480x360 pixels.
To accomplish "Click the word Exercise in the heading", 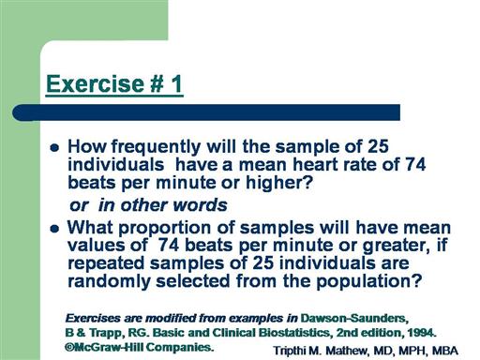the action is pos(95,83).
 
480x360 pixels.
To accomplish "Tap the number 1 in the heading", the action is pos(176,83).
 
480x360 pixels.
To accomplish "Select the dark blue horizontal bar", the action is pos(206,112).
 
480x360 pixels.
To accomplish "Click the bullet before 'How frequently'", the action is pos(54,147).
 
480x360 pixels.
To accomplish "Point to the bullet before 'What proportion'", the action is pos(54,229).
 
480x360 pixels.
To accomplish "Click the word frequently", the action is pos(156,147).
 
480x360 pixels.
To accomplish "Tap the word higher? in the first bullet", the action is pos(279,183).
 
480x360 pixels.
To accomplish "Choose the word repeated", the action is pos(106,264).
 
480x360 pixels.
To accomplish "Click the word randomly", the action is pos(109,282).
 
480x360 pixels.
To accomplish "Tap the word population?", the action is pos(369,282).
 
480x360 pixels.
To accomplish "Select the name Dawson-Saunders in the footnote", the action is pos(354,319).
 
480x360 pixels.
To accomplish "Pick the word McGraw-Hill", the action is pos(104,347).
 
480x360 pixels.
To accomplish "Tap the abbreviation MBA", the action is pos(445,351).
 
